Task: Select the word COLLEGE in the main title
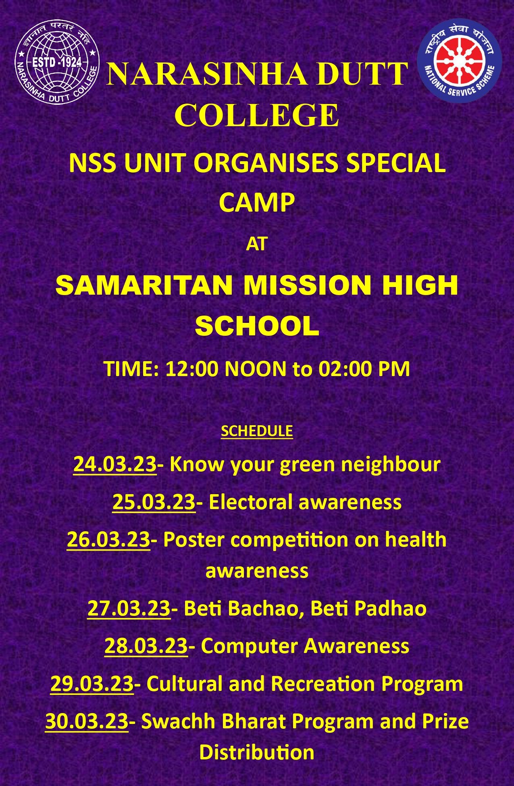coord(257,115)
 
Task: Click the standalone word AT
coord(257,244)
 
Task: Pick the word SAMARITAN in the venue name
coord(144,285)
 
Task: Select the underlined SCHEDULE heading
coord(257,431)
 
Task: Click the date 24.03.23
coord(115,464)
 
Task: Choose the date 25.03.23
coord(154,502)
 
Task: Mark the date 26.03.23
coord(108,540)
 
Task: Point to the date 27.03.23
coord(129,608)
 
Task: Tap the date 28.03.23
coord(146,646)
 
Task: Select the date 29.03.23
coord(92,684)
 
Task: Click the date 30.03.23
coord(87,721)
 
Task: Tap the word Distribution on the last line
coord(257,753)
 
